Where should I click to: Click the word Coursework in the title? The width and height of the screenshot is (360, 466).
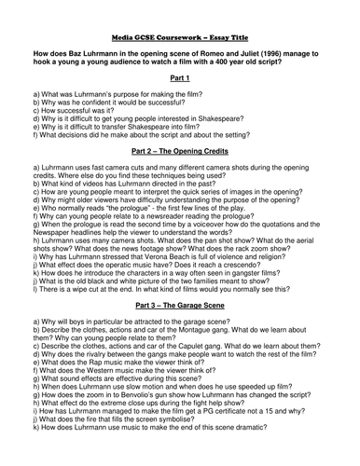tap(184, 17)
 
